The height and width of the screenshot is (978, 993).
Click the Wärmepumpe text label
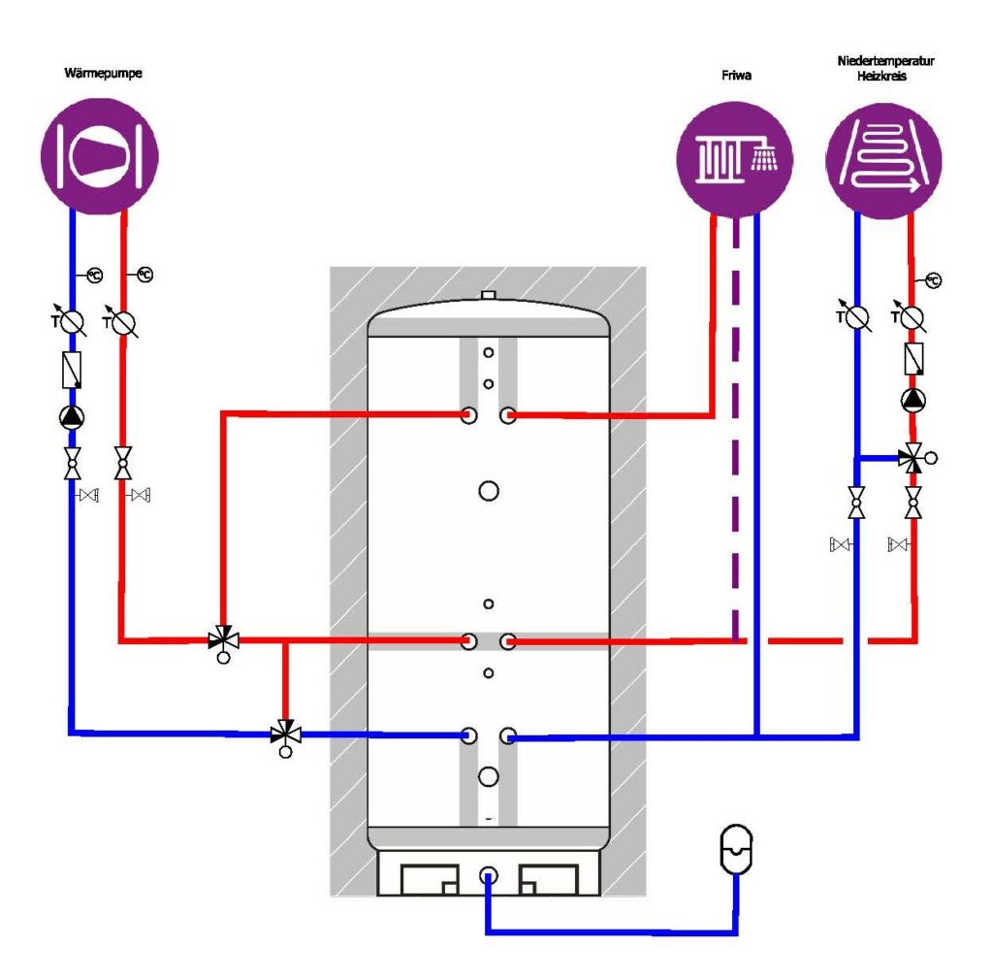[x=103, y=73]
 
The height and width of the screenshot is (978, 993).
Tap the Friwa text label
[x=737, y=76]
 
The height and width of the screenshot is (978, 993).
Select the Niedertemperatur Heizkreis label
[x=885, y=69]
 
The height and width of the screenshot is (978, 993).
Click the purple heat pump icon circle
[x=100, y=156]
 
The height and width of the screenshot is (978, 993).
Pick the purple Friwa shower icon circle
[x=735, y=160]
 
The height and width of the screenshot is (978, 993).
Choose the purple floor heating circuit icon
[x=883, y=161]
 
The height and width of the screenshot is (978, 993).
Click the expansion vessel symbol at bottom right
[x=736, y=849]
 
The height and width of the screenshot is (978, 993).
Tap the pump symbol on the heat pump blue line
[x=72, y=417]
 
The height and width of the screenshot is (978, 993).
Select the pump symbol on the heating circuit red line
[x=913, y=400]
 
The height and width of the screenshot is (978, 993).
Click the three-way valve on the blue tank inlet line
[x=286, y=736]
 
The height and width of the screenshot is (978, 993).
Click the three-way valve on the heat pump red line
[x=224, y=641]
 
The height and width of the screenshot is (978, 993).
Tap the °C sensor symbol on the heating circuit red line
[x=933, y=280]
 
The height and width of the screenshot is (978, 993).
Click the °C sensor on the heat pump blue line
[x=94, y=275]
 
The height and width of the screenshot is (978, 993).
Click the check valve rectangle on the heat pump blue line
[x=72, y=370]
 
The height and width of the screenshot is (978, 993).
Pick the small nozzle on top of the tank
[x=488, y=295]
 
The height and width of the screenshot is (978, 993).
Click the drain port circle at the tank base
[x=488, y=876]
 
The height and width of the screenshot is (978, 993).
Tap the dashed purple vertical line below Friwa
[x=735, y=430]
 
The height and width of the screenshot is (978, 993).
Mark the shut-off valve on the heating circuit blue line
[x=856, y=503]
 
